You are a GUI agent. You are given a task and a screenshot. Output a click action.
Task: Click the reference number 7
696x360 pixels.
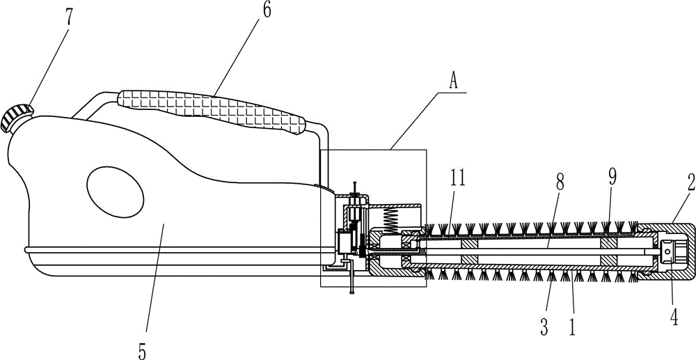tap(69, 17)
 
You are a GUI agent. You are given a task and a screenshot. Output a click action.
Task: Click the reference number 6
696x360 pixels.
tap(267, 10)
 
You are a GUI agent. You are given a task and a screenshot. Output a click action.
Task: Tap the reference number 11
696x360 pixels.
tap(458, 178)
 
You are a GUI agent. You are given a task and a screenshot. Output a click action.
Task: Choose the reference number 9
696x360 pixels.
tap(612, 176)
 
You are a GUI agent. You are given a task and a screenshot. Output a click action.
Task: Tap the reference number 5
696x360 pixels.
tap(142, 350)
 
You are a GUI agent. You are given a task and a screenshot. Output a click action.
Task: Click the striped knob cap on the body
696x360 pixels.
tap(17, 117)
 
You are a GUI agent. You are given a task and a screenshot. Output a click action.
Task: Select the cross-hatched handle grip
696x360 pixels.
tap(211, 110)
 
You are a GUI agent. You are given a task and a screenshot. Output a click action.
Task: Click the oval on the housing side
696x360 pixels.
tap(115, 191)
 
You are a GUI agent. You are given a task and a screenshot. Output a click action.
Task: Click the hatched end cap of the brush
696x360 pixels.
tap(666, 251)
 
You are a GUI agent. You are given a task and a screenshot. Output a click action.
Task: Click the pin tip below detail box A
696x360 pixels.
tap(351, 292)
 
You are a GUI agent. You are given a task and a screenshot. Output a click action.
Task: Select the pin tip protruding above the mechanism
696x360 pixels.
tap(354, 183)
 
